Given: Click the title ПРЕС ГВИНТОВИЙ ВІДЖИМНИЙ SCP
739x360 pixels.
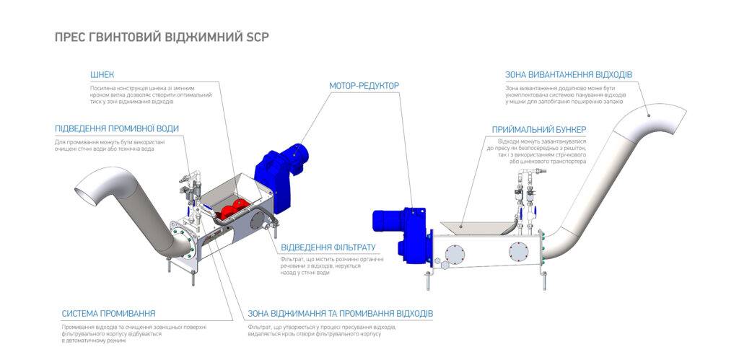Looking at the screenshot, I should pos(162,37).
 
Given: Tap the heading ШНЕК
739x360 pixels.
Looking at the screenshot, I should pos(102,74).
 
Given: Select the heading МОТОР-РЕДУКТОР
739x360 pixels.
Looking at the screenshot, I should pos(364,85).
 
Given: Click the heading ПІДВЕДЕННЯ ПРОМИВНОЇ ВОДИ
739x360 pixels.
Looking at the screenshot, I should pos(117,128).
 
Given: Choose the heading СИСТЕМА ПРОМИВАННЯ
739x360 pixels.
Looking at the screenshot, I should pos(108,313).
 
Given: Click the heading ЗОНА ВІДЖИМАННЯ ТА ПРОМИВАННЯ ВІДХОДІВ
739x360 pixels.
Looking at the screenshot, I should pos(340,314).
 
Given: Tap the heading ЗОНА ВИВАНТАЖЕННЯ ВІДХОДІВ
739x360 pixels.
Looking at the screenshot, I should pos(569,74).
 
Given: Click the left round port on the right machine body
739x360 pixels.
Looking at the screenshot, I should pos(456,253).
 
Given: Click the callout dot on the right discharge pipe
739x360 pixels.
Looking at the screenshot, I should pos(648,113).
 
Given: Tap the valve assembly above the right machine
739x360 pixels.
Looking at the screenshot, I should pos(525,198).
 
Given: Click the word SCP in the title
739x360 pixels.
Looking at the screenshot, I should pos(256,37).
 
